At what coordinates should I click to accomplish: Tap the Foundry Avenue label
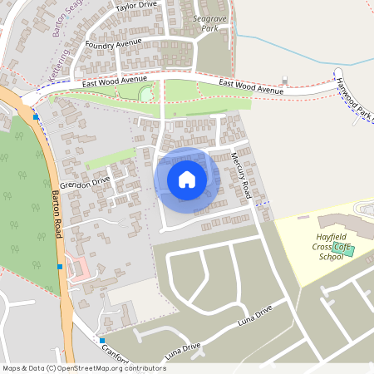click(114, 43)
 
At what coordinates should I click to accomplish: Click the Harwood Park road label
click(354, 101)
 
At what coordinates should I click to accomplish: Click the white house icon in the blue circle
click(187, 179)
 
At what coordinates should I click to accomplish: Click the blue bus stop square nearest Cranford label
click(101, 341)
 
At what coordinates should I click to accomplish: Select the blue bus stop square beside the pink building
click(60, 266)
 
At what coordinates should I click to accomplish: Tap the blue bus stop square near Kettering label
click(36, 116)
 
